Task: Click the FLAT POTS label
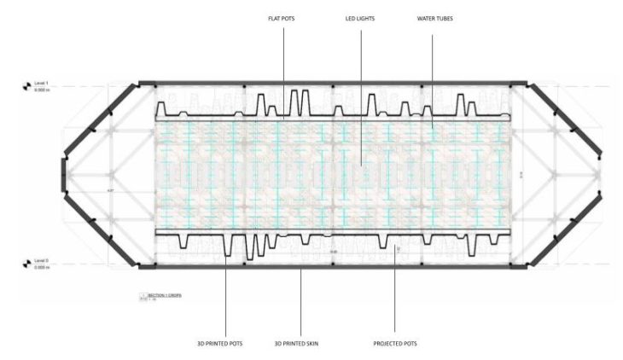283,18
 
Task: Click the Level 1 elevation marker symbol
26,86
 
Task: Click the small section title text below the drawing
160,295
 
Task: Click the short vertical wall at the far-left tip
62,175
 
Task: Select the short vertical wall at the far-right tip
605,175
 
